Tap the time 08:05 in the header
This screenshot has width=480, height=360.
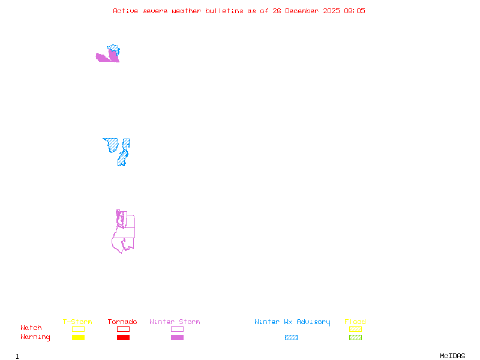(x=355, y=11)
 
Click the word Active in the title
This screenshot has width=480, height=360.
(x=126, y=11)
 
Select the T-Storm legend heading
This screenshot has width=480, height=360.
(x=77, y=322)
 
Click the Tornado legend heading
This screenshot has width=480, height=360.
(x=122, y=322)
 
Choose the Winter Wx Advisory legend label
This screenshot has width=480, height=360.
(x=292, y=322)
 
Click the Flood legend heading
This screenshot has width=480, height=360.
(x=355, y=322)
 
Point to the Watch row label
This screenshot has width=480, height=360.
(x=31, y=328)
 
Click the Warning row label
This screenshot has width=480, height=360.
(x=35, y=337)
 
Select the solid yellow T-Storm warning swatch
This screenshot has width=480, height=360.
(x=78, y=338)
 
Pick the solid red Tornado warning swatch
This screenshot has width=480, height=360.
(x=123, y=338)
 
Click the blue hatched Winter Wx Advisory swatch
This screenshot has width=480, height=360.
(x=291, y=338)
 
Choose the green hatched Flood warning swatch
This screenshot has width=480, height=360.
(x=355, y=338)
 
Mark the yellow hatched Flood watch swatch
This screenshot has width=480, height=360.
(x=355, y=329)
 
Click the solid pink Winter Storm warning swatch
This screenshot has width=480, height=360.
(x=177, y=338)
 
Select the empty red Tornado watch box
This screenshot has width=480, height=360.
(x=123, y=329)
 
